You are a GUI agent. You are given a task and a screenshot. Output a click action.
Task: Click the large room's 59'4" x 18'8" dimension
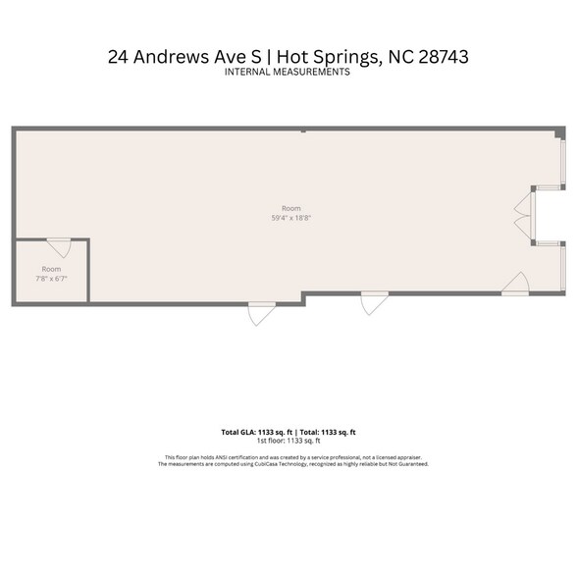[x=290, y=218]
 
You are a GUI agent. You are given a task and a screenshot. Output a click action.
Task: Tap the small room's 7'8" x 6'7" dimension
[x=51, y=279]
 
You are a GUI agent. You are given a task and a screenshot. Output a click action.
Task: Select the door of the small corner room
[x=59, y=246]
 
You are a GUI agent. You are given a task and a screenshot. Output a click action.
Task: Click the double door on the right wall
[x=524, y=214]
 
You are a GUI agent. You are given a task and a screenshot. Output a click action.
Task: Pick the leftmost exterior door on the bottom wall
[x=261, y=313]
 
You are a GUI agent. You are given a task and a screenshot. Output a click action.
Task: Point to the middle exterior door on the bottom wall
[x=374, y=303]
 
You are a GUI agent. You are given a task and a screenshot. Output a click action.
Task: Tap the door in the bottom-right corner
[x=515, y=285]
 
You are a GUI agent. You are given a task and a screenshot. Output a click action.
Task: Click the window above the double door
[x=562, y=163]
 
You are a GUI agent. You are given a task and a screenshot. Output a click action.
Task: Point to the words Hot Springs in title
[x=324, y=57]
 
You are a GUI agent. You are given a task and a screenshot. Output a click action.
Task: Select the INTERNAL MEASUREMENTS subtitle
[x=288, y=73]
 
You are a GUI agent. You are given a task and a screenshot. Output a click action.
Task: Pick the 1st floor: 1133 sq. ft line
[x=288, y=441]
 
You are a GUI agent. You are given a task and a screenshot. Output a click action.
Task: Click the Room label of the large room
[x=290, y=208]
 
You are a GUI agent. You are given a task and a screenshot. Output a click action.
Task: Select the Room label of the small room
[x=51, y=269]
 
